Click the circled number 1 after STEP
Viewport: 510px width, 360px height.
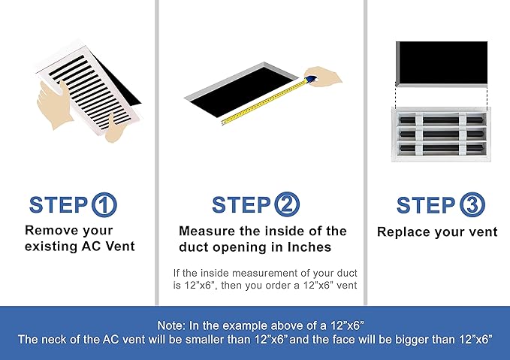pyautogui.click(x=104, y=204)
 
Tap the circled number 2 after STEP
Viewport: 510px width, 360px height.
pyautogui.click(x=287, y=204)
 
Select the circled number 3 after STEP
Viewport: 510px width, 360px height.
pyautogui.click(x=472, y=204)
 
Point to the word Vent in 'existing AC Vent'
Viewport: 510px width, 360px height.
pyautogui.click(x=120, y=246)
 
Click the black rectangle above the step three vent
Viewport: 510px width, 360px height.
pyautogui.click(x=442, y=62)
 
